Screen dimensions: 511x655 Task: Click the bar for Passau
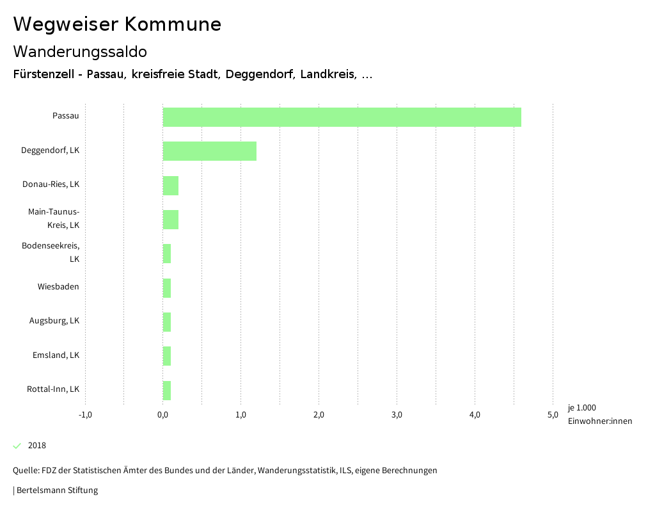(x=342, y=117)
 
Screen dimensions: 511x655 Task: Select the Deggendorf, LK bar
(x=209, y=151)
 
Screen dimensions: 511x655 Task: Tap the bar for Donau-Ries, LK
(x=170, y=186)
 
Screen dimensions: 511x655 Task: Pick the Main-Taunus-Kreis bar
(x=170, y=220)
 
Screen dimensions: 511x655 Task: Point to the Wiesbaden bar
(x=167, y=288)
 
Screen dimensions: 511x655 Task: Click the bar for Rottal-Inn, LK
(x=167, y=391)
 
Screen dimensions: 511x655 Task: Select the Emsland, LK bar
(x=167, y=356)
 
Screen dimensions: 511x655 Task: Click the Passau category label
(x=66, y=116)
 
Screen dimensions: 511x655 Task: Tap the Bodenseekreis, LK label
(x=51, y=252)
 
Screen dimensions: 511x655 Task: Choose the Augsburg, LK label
(x=54, y=321)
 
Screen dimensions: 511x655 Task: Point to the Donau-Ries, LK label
(x=51, y=184)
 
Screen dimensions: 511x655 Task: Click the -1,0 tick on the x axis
(x=85, y=415)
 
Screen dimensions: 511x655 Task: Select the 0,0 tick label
(x=163, y=415)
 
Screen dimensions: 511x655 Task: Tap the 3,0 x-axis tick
(x=397, y=415)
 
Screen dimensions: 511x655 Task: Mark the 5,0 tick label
(x=553, y=415)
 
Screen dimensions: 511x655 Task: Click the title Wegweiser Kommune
(x=117, y=24)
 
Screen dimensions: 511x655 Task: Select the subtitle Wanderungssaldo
(x=80, y=51)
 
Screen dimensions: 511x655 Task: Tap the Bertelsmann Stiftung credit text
(x=56, y=491)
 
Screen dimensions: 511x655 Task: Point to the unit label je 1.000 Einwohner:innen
(x=599, y=414)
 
